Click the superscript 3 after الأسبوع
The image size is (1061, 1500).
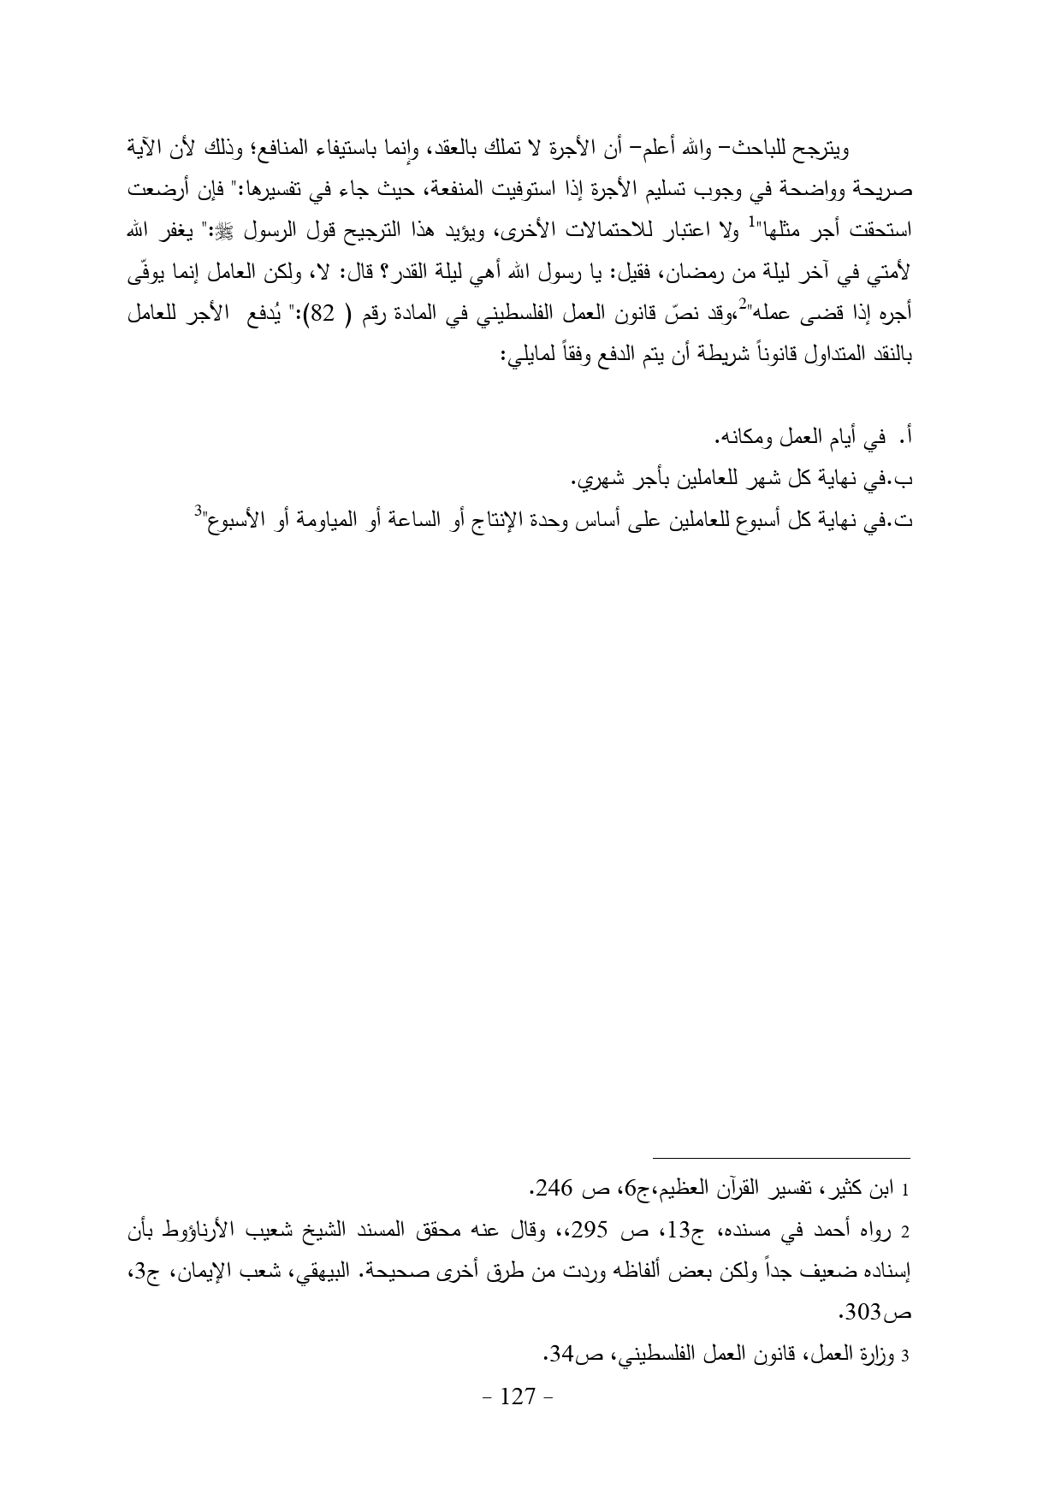pyautogui.click(x=197, y=511)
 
